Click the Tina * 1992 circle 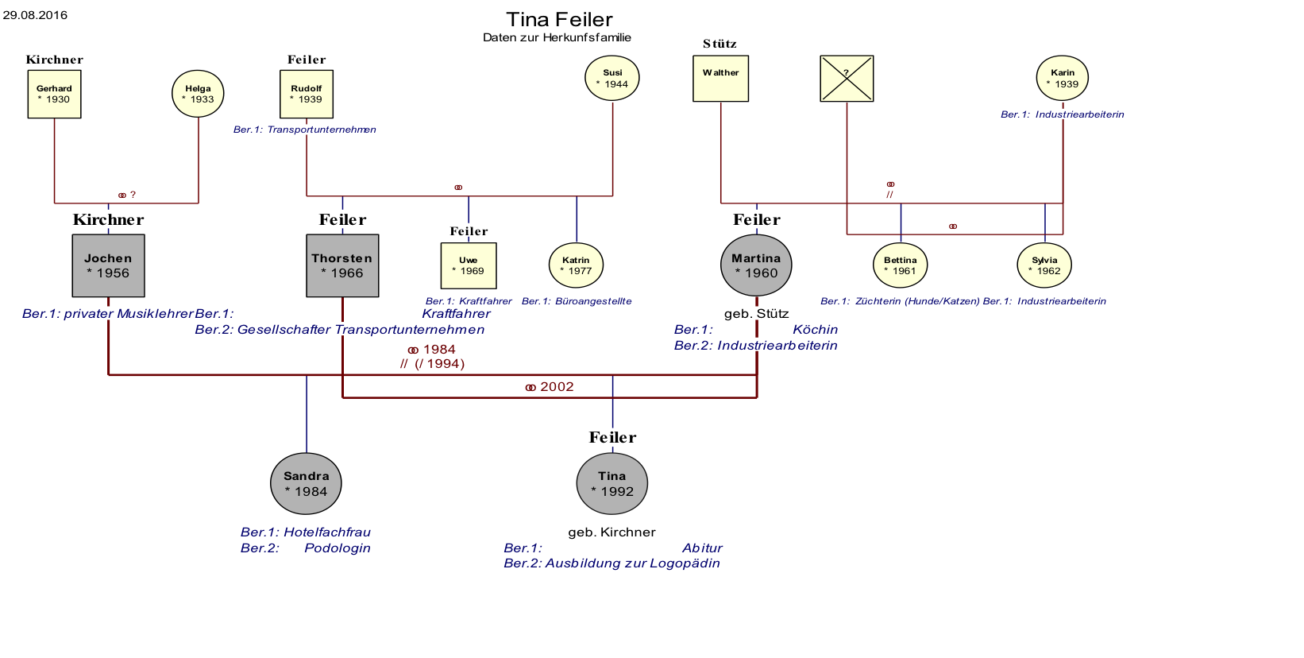click(612, 483)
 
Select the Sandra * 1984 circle click(307, 483)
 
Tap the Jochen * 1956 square click(109, 265)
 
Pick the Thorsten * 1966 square click(342, 265)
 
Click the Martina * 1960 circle click(756, 265)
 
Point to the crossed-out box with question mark click(847, 79)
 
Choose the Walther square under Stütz click(720, 79)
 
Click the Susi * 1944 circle click(612, 78)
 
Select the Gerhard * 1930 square click(54, 94)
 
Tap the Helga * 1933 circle click(198, 94)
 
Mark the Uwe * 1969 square click(469, 265)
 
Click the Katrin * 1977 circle click(577, 265)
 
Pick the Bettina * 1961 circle click(901, 265)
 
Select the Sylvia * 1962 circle click(1045, 265)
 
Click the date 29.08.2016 click(36, 14)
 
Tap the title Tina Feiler click(560, 19)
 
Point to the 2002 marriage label click(550, 387)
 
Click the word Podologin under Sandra click(338, 548)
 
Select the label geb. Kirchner click(612, 532)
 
